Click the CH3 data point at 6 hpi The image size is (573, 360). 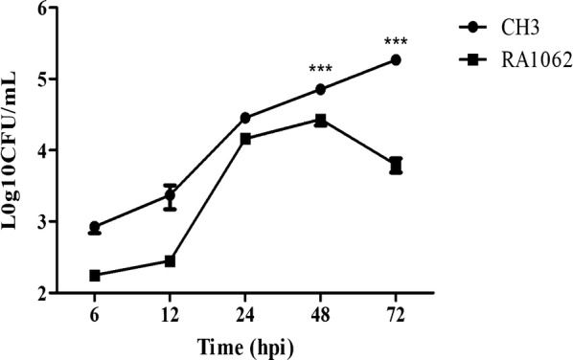click(95, 228)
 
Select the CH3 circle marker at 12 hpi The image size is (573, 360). click(170, 195)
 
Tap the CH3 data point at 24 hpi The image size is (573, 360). click(245, 118)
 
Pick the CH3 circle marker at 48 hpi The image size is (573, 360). click(320, 90)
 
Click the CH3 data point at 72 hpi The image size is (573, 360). click(395, 60)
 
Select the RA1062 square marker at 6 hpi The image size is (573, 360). click(95, 276)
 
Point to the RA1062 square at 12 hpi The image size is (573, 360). click(170, 261)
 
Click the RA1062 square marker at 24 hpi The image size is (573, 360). click(245, 139)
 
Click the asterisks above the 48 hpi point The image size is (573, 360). click(320, 70)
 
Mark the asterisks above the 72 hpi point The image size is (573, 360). click(395, 42)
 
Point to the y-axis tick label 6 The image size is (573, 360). click(44, 8)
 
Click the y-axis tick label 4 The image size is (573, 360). click(44, 150)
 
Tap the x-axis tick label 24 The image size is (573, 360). click(245, 314)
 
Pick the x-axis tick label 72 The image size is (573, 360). click(395, 314)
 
